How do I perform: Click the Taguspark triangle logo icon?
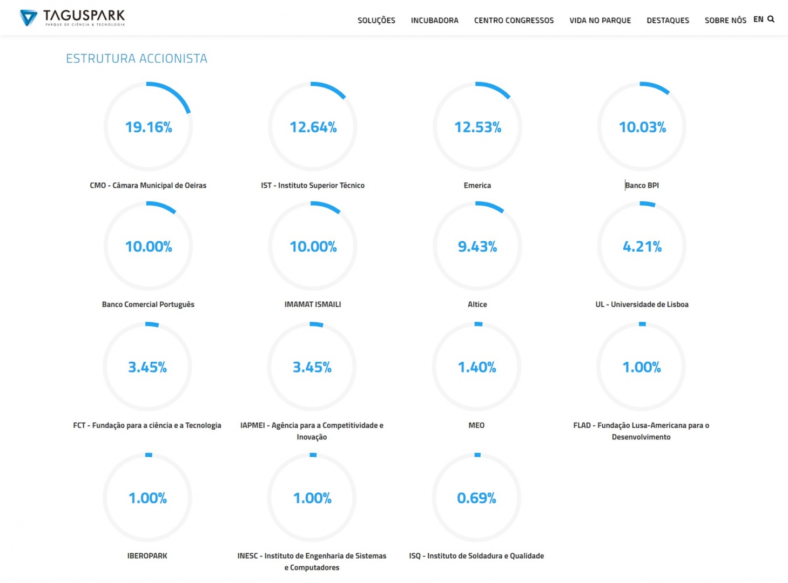[x=28, y=18]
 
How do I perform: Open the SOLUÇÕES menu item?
[x=376, y=21]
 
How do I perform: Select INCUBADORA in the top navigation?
[x=434, y=21]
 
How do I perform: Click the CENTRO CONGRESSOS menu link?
[x=514, y=21]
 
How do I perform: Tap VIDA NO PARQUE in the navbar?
[x=600, y=21]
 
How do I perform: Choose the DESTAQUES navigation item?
[x=668, y=21]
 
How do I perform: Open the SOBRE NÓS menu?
[x=725, y=21]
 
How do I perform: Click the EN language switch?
[x=758, y=19]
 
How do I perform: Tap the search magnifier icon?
[x=771, y=19]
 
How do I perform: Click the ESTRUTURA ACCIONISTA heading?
[x=137, y=58]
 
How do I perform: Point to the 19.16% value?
[x=149, y=127]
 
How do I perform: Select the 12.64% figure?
[x=313, y=127]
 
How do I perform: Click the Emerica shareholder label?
[x=477, y=185]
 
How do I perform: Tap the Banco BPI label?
[x=642, y=185]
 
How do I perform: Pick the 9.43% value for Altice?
[x=477, y=247]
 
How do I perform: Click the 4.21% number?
[x=642, y=247]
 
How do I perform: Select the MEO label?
[x=476, y=425]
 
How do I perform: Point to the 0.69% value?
[x=476, y=498]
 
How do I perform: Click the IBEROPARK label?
[x=147, y=555]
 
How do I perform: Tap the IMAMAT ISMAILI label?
[x=313, y=304]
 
